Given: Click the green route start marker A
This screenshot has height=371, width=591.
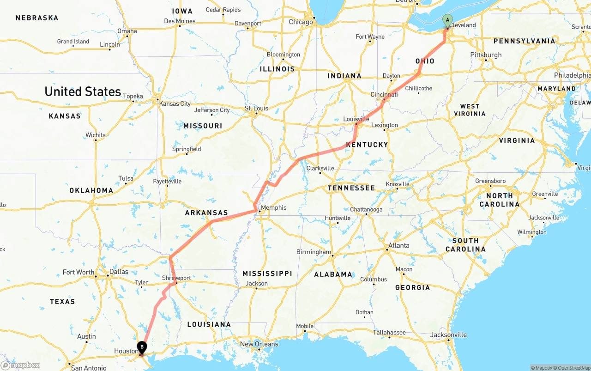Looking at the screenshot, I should [447, 20].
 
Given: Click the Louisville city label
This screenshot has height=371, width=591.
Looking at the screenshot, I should [356, 119].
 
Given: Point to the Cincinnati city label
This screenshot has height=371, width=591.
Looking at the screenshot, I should [384, 95].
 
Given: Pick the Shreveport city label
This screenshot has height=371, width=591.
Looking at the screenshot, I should [176, 278].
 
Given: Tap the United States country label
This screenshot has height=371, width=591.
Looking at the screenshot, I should [83, 91].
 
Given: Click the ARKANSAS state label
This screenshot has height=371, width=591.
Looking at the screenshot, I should [206, 213].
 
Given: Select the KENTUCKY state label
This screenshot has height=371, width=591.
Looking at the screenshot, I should [367, 145].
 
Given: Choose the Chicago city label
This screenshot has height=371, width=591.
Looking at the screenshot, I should [301, 22].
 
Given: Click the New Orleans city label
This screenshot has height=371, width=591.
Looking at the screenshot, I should [259, 344].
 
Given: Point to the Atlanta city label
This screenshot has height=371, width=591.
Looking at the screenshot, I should [398, 245].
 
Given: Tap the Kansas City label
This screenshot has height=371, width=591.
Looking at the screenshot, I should [175, 103].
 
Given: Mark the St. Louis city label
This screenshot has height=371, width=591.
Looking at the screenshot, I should [256, 109].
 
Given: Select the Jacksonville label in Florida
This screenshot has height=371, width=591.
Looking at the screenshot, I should [448, 335].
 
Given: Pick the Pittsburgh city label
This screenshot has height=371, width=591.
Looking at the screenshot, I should [486, 55].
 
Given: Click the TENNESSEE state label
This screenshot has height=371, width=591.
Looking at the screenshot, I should [351, 188].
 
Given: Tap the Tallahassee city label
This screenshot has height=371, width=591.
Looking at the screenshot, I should [389, 333].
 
